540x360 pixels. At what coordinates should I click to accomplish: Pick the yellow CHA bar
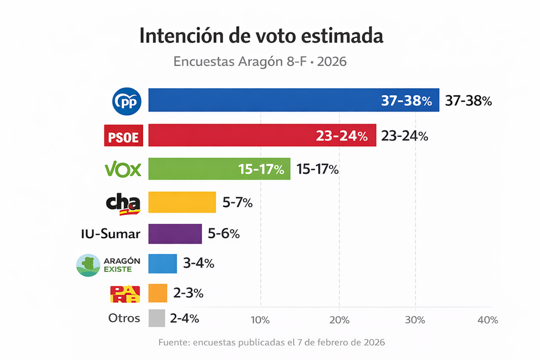(182, 202)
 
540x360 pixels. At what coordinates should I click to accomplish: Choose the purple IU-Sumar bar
(175, 234)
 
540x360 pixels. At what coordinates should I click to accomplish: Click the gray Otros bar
(157, 318)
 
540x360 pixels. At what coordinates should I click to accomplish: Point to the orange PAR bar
(158, 293)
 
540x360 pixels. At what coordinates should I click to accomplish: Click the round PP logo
(127, 101)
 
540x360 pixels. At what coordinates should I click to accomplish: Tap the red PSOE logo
(123, 136)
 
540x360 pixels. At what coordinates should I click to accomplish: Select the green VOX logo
(123, 169)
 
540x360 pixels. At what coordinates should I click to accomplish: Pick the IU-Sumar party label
(110, 234)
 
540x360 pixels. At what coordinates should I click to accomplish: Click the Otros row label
(124, 318)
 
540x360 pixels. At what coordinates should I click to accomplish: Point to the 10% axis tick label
(260, 320)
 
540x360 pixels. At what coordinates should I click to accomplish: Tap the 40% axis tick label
(488, 320)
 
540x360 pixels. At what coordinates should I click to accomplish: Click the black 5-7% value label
(237, 203)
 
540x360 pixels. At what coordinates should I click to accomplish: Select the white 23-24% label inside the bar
(341, 136)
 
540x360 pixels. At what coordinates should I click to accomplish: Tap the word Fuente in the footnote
(173, 342)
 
